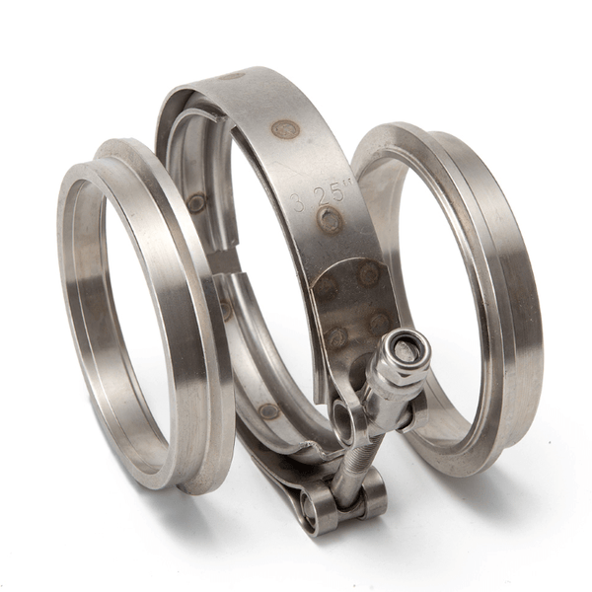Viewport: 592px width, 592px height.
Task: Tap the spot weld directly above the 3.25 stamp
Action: pyautogui.click(x=284, y=128)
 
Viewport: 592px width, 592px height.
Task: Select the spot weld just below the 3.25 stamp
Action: pyautogui.click(x=330, y=220)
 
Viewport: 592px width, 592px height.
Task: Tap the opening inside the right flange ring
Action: pyautogui.click(x=434, y=286)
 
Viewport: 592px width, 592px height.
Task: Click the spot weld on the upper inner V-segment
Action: pyautogui.click(x=196, y=203)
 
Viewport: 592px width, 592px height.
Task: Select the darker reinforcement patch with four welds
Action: pyautogui.click(x=350, y=301)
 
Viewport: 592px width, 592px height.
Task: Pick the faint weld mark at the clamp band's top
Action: pyautogui.click(x=233, y=75)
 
